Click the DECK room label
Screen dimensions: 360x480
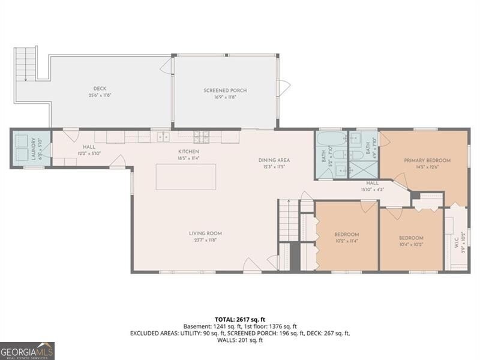[100, 89]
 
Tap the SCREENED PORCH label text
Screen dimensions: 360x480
[225, 91]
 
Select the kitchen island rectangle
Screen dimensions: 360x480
[185, 176]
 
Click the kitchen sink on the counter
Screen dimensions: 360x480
[163, 137]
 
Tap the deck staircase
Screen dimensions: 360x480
[25, 64]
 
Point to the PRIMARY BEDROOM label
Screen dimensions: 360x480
[427, 160]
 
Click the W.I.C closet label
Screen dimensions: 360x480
[456, 242]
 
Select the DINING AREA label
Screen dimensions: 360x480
[274, 160]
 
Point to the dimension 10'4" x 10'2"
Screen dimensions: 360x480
[411, 244]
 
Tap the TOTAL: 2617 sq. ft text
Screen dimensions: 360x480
[239, 319]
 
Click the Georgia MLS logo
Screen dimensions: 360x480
[27, 350]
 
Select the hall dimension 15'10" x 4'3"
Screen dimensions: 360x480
[373, 190]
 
